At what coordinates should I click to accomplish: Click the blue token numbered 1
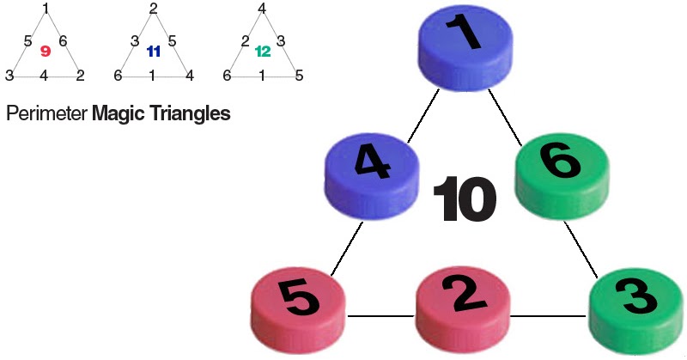coord(464,43)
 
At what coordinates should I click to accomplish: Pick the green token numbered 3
coord(636,306)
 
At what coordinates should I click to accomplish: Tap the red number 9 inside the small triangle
coord(46,52)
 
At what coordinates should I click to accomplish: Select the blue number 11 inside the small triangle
coord(154,52)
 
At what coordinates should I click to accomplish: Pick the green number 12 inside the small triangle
coord(262,52)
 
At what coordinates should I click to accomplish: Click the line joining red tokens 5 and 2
coord(380,314)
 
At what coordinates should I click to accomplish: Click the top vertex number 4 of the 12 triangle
coord(262,9)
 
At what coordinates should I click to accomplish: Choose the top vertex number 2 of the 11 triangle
coord(153,9)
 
